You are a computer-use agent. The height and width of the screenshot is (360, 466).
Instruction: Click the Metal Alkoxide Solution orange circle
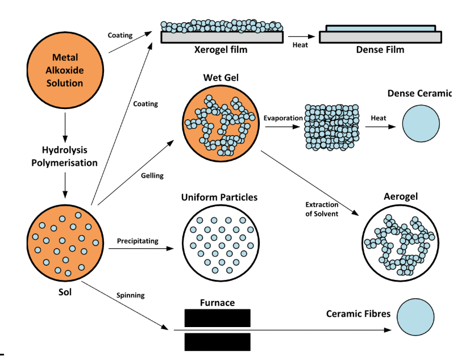pyautogui.click(x=66, y=71)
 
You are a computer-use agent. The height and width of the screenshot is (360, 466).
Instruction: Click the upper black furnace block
pyautogui.click(x=217, y=318)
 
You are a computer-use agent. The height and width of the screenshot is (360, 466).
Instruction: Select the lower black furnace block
pyautogui.click(x=217, y=342)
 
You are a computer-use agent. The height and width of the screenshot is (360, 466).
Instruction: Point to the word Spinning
pyautogui.click(x=130, y=295)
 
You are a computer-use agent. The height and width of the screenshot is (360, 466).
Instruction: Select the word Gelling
pyautogui.click(x=152, y=176)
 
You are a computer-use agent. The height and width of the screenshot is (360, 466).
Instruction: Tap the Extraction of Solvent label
pyautogui.click(x=322, y=208)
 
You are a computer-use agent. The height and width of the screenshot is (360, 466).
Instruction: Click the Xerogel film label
pyautogui.click(x=221, y=50)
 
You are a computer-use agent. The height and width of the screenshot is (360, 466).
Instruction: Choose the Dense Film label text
pyautogui.click(x=380, y=50)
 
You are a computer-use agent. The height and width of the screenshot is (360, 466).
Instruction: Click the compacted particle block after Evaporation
pyautogui.click(x=331, y=126)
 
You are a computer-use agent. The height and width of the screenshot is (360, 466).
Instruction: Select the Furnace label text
pyautogui.click(x=217, y=303)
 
